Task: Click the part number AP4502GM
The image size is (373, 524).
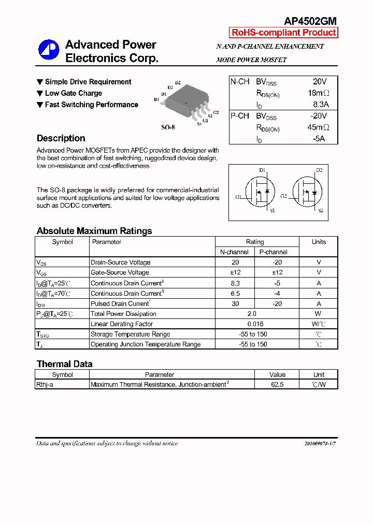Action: coord(310,21)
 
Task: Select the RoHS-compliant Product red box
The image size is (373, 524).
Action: coord(283,33)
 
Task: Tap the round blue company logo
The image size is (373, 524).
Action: coord(49,50)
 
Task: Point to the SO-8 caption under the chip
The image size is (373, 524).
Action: coord(168,127)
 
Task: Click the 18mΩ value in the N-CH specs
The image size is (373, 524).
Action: coord(318,93)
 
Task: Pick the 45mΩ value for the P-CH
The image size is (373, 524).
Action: coord(318,127)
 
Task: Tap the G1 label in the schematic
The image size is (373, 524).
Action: coord(238,197)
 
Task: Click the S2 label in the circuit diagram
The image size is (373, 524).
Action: coord(320,211)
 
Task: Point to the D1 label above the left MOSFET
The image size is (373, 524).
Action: coord(262,170)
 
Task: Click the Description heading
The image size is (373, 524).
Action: coord(61,138)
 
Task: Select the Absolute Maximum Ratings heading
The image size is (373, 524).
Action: coord(94,231)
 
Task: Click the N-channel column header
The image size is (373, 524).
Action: coord(234,252)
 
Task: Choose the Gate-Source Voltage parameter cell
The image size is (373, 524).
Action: coord(120,272)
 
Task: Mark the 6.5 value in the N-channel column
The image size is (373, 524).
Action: coord(235,293)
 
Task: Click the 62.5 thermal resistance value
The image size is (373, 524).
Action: coord(277,385)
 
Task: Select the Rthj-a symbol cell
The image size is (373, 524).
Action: coord(45,385)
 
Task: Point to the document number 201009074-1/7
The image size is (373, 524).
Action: coord(320,444)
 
